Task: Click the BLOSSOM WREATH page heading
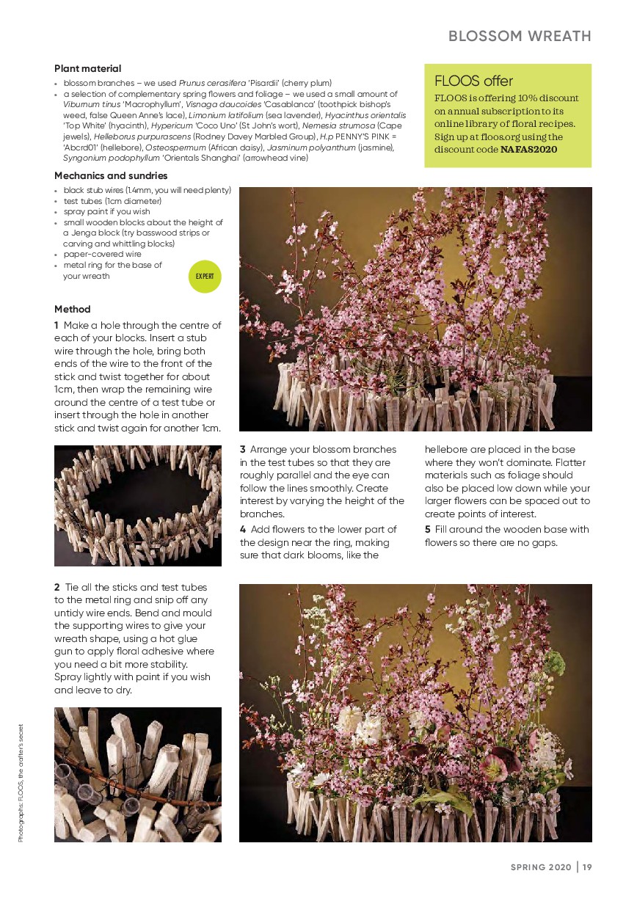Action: pos(520,36)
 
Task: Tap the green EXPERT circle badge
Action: pos(205,277)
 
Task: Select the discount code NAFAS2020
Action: pos(528,150)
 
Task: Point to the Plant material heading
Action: pos(87,68)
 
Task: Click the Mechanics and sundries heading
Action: pos(111,175)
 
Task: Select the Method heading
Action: pos(73,309)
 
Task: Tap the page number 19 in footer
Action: pos(588,867)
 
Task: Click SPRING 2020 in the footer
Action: pos(542,867)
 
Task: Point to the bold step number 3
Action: pos(243,449)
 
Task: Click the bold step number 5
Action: pos(428,529)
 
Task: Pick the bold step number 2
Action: pos(57,588)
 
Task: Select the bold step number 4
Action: pos(243,529)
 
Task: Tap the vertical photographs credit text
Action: pos(22,783)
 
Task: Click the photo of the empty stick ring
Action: pos(138,506)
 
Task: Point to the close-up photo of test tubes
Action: pos(138,774)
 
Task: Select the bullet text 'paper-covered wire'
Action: pos(103,254)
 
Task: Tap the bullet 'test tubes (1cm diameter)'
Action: pos(112,201)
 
